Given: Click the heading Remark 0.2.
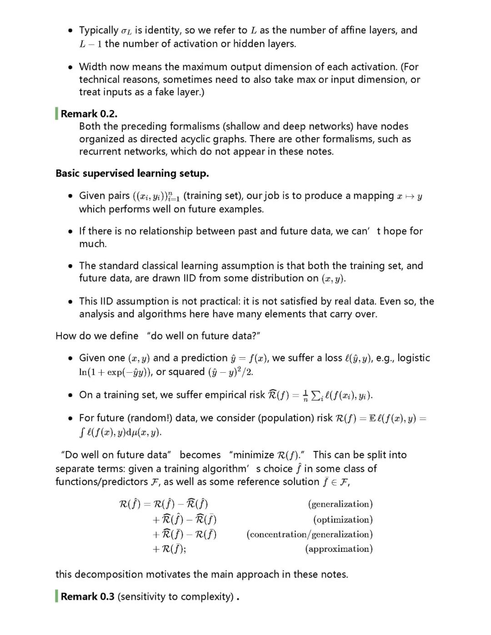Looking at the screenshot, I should tap(89, 114).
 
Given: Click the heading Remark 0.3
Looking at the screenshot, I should tap(87, 596).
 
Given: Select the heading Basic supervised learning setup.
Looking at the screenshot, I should tap(132, 173).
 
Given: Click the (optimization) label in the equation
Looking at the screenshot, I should tap(343, 520).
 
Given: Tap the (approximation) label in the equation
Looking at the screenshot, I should tap(339, 549).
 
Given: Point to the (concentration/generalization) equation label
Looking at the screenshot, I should tap(310, 534).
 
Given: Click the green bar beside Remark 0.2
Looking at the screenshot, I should tap(57, 114).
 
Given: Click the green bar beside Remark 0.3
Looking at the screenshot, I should tap(57, 596).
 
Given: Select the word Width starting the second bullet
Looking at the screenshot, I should tap(93, 67).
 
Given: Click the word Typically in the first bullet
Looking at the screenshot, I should tap(99, 30).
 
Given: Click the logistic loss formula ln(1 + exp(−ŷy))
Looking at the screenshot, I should tap(115, 372).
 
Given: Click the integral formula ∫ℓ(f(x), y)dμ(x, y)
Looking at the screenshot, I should tap(120, 432).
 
